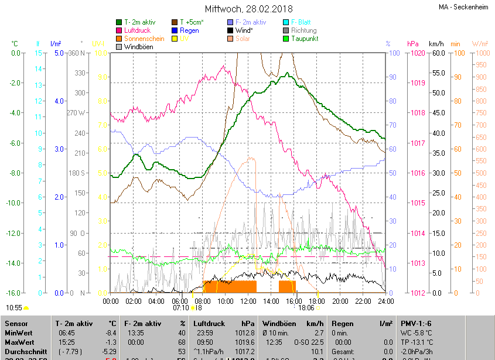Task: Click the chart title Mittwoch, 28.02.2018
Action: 249,9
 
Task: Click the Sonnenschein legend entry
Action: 144,39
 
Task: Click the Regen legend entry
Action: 189,30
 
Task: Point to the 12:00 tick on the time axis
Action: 248,301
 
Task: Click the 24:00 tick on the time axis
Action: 385,301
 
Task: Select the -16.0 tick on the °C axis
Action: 13,293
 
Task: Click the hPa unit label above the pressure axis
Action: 414,44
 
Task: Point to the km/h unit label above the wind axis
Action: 436,44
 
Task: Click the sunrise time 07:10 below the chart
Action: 181,307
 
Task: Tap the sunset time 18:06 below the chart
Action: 306,307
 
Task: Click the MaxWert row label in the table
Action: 20,342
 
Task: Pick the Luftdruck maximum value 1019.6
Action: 245,342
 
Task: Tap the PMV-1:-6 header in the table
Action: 417,323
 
